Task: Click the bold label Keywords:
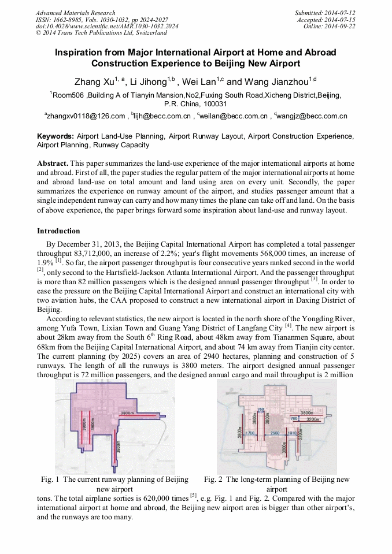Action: pos(56,136)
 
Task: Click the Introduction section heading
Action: pos(58,231)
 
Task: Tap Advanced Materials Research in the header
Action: pos(75,13)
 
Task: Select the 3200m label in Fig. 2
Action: pos(313,419)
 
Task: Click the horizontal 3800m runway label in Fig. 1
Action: pos(129,414)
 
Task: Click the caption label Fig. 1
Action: pos(50,479)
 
